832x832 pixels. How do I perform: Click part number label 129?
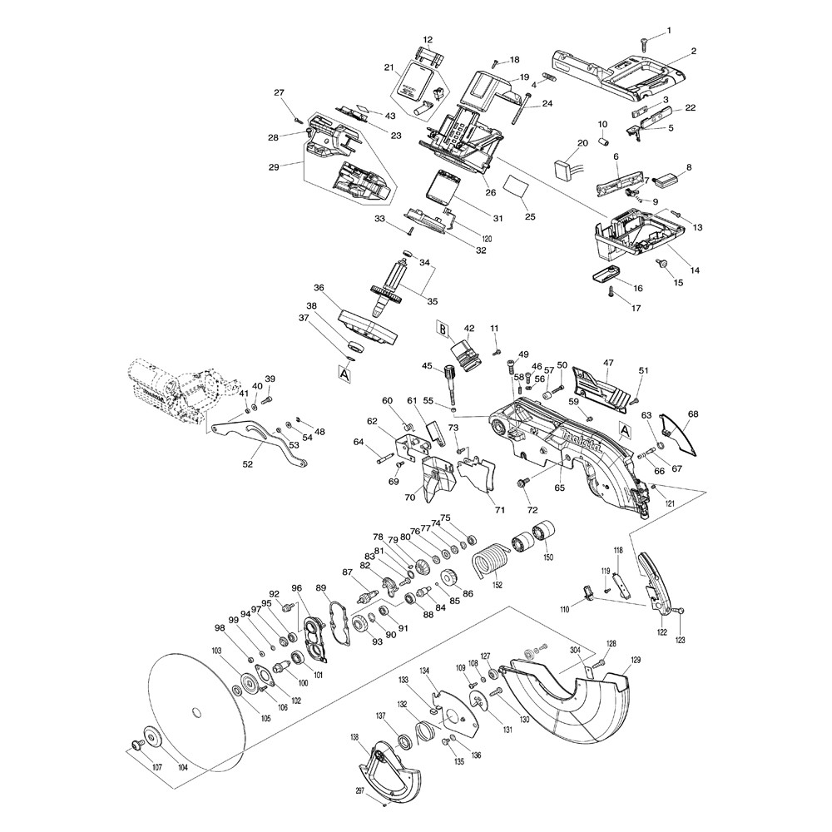pos(636,661)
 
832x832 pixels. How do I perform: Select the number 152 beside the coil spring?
pos(497,585)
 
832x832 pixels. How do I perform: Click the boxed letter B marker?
pos(443,331)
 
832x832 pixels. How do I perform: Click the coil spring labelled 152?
pos(489,559)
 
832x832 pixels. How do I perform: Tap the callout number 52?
pos(247,464)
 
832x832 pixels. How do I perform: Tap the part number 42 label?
pos(469,328)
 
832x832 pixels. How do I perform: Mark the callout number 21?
pos(389,67)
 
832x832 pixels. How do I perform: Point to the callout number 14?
pos(694,270)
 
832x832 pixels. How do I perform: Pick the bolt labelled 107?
pos(133,746)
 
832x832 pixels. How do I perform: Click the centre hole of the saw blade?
pos(196,711)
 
